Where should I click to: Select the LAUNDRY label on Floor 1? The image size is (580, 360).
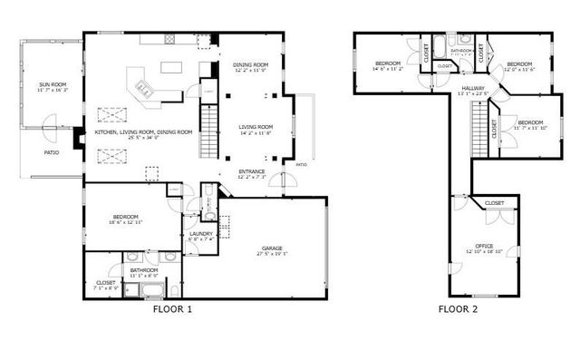coord(200,235)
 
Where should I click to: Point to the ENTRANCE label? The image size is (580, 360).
coord(251,172)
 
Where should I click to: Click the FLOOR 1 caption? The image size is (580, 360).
coord(171,309)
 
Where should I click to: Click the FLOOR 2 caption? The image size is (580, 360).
coord(458,309)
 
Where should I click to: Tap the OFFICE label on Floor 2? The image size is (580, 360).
coord(484,247)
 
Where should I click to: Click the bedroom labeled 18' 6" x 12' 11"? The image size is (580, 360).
coord(125,219)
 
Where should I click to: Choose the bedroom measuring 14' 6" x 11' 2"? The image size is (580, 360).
coord(387,64)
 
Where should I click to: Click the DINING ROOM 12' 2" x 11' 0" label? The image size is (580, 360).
coord(250,66)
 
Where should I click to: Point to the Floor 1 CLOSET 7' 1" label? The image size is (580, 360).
coord(104,284)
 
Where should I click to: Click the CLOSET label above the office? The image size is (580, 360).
coord(494,203)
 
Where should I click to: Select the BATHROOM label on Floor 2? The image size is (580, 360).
coord(461,52)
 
